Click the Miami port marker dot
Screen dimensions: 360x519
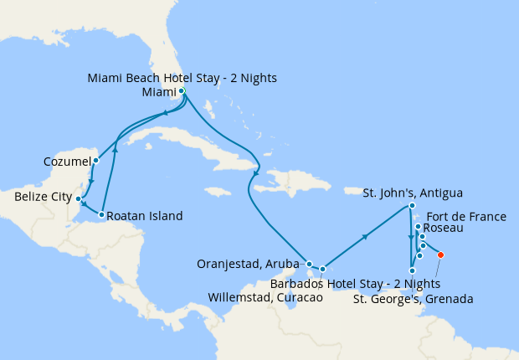182,91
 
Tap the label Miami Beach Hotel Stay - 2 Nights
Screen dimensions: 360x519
182,79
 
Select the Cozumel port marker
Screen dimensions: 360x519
95,160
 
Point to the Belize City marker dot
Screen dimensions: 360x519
78,199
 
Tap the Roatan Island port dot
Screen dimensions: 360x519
101,215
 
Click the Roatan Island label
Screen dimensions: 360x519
144,216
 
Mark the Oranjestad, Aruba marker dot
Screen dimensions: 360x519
309,264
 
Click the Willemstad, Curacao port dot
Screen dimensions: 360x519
322,269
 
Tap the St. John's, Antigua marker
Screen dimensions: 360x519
412,206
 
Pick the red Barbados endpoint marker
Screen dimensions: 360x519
441,255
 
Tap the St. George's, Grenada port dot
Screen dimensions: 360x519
412,270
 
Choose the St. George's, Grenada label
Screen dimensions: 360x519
414,298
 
